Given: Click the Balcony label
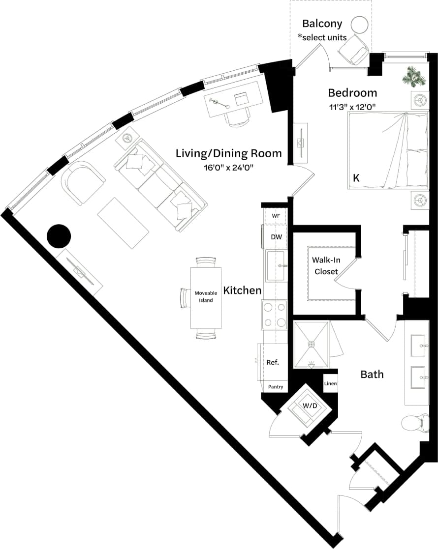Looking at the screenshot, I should click(322, 23).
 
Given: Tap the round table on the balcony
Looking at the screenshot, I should click(360, 25).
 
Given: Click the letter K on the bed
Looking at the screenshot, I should click(356, 179).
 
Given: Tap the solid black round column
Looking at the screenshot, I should click(59, 236).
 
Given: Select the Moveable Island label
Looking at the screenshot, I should click(206, 296).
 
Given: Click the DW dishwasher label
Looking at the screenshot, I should click(276, 237).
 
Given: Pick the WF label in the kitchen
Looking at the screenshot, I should click(276, 216).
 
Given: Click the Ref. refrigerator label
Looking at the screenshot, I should click(273, 362).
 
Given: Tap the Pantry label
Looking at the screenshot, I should click(276, 387).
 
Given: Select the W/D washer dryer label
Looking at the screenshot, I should click(310, 406).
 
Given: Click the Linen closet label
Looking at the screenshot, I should click(330, 383).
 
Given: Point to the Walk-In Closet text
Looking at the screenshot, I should click(326, 265).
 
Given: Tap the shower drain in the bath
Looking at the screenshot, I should click(311, 345).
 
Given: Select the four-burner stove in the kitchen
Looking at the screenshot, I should click(275, 315).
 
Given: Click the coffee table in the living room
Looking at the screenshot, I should click(123, 224).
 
